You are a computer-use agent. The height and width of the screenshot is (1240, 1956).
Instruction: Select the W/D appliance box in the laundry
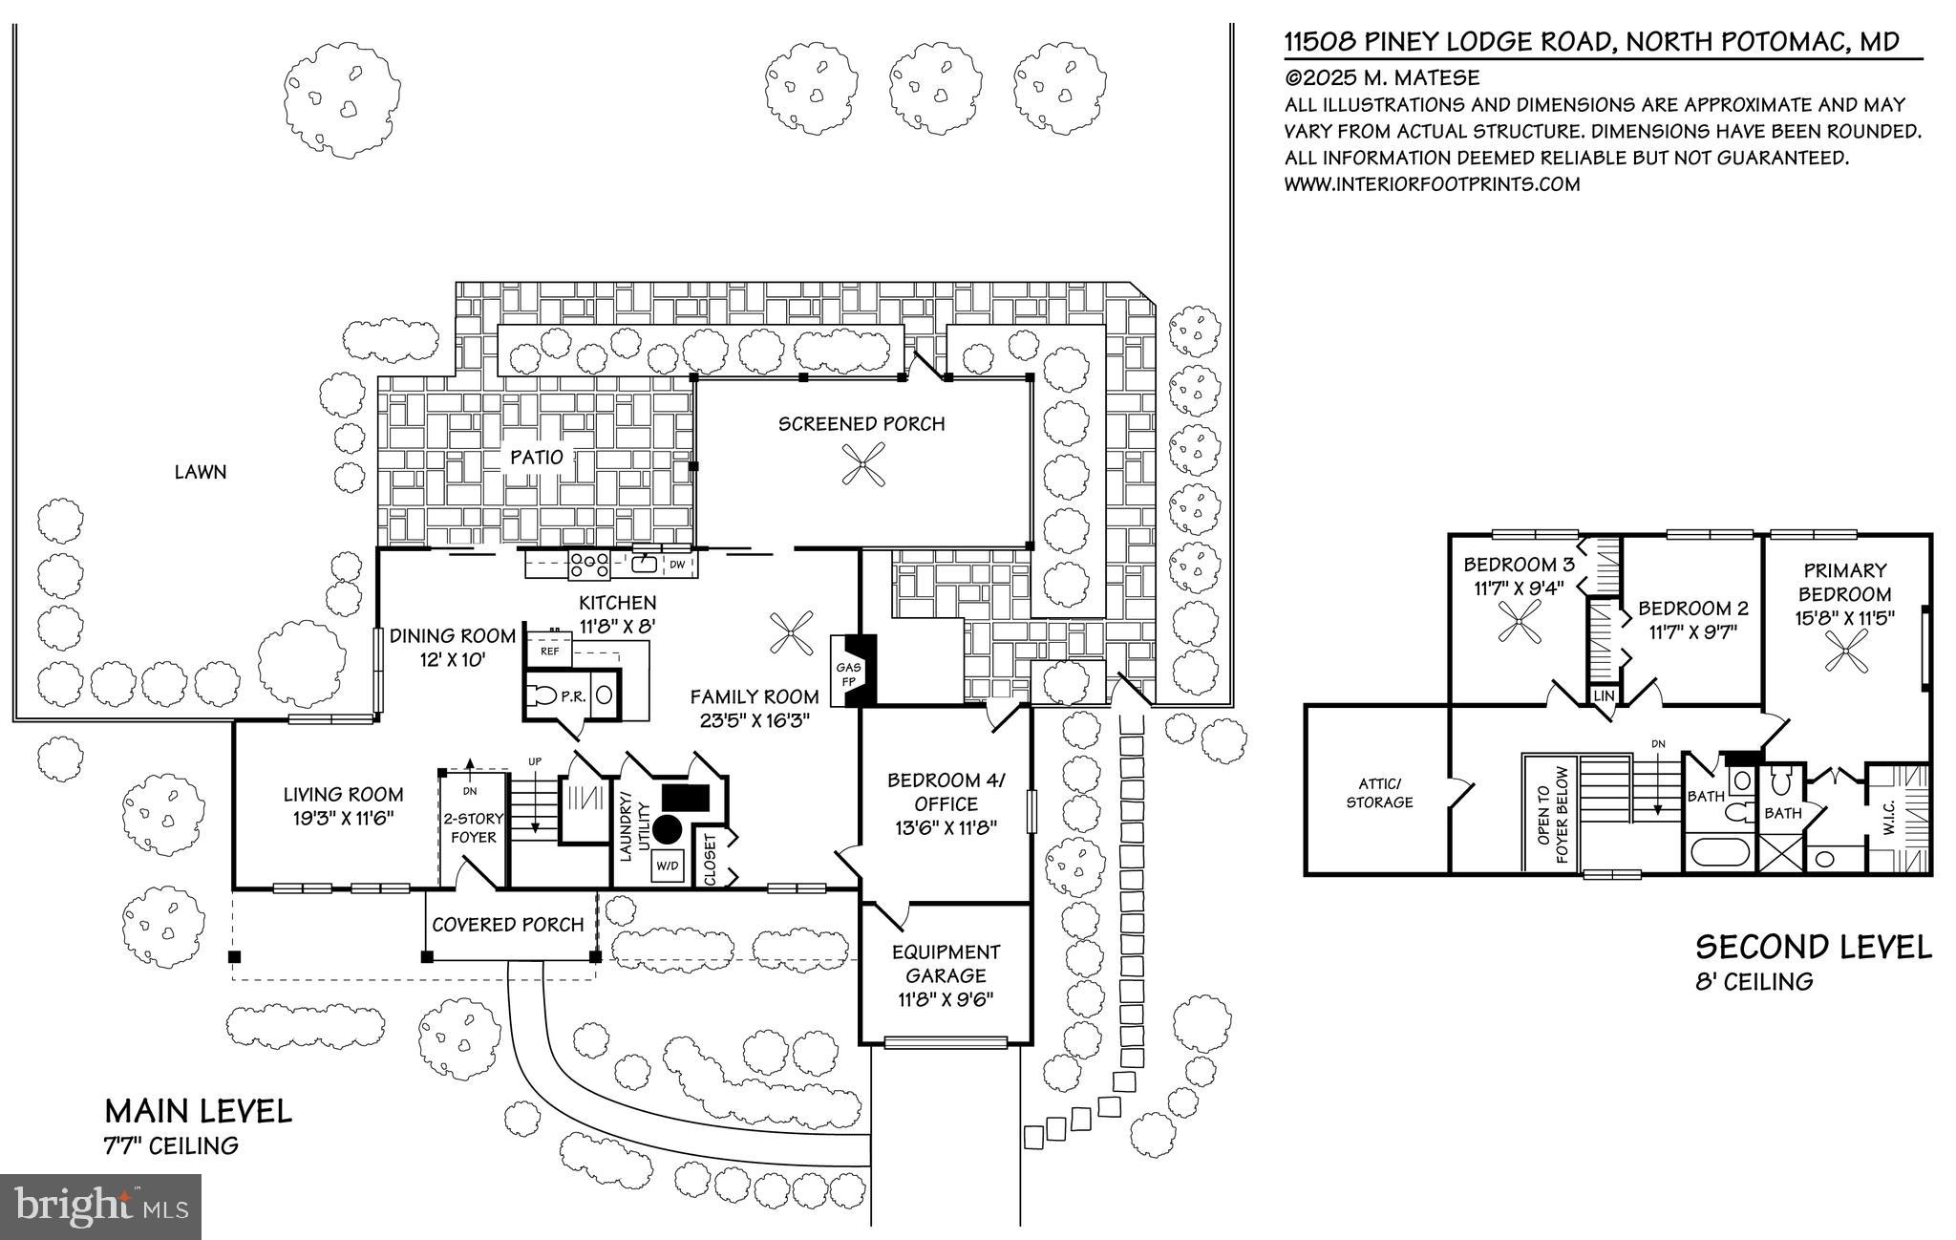pyautogui.click(x=666, y=866)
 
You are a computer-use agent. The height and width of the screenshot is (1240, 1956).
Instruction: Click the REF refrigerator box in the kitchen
pyautogui.click(x=549, y=651)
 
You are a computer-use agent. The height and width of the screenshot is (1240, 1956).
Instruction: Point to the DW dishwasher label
pyautogui.click(x=676, y=565)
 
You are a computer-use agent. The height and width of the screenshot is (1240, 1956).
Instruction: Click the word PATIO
pyautogui.click(x=536, y=457)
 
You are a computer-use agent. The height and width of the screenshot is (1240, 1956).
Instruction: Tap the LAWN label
pyautogui.click(x=201, y=472)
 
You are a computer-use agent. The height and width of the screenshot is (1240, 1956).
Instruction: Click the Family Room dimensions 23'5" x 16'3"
pyautogui.click(x=755, y=720)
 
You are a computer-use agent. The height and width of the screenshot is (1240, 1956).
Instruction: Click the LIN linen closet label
pyautogui.click(x=1604, y=695)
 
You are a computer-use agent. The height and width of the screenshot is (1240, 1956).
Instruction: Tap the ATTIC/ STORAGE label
pyautogui.click(x=1379, y=793)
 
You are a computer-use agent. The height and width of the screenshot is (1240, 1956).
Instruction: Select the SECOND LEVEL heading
pyautogui.click(x=1814, y=947)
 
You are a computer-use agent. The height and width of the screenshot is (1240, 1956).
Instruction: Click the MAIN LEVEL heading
pyautogui.click(x=199, y=1111)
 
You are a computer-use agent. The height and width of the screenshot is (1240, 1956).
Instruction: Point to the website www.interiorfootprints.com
pyautogui.click(x=1433, y=184)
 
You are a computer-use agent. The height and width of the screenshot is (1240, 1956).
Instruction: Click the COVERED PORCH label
pyautogui.click(x=507, y=925)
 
